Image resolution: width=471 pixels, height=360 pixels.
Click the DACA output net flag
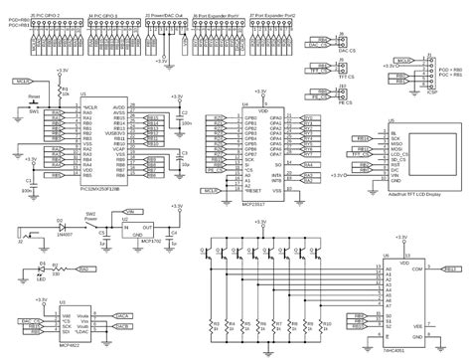[x=124, y=286]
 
